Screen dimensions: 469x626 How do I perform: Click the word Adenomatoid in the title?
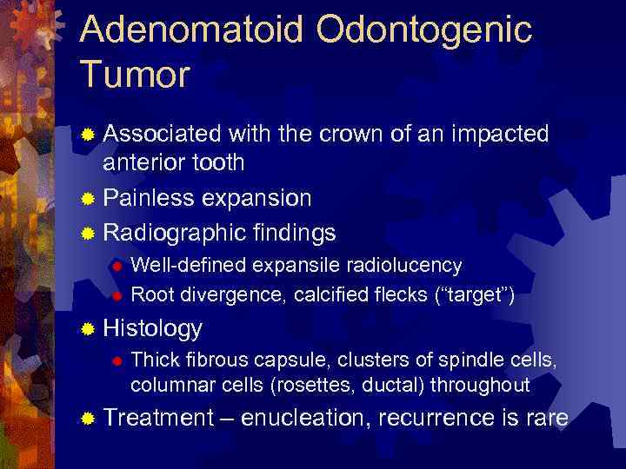(x=192, y=30)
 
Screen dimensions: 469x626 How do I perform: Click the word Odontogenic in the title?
(x=423, y=30)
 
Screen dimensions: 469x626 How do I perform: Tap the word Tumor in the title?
(x=134, y=76)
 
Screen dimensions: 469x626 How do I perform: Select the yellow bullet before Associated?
(x=87, y=135)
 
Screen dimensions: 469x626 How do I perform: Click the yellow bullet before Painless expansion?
(x=87, y=199)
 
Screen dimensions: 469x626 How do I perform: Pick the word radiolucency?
(x=409, y=264)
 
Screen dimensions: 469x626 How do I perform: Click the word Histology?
(x=152, y=328)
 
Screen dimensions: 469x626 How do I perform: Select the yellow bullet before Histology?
(x=87, y=329)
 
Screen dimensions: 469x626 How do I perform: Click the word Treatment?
(x=157, y=418)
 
